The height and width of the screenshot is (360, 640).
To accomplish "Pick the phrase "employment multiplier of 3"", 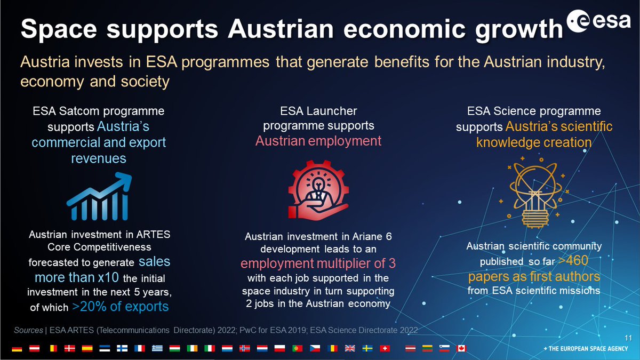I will pyautogui.click(x=318, y=264).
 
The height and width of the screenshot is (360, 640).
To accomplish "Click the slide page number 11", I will pyautogui.click(x=628, y=338).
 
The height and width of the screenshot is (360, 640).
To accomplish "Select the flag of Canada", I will pyautogui.click(x=462, y=348).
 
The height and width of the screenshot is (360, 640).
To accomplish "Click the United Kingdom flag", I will pyautogui.click(x=350, y=348).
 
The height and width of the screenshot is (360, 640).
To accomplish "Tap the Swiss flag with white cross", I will pyautogui.click(x=384, y=348).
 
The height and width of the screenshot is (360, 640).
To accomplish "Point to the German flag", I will pyautogui.click(x=17, y=348).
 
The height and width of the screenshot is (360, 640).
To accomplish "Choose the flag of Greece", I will pyautogui.click(x=157, y=348).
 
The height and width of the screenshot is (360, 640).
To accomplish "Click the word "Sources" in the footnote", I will pyautogui.click(x=29, y=331).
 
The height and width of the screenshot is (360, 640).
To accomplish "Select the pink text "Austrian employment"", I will pyautogui.click(x=318, y=141).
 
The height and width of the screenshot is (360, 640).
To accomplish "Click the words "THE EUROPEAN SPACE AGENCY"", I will pyautogui.click(x=589, y=348).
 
